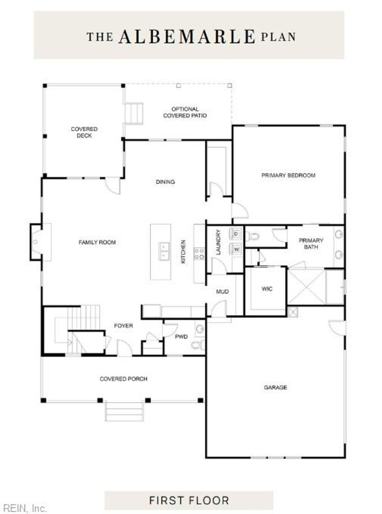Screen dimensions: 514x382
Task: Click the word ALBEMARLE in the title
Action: (x=187, y=37)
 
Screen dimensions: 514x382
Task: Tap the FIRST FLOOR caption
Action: (x=189, y=500)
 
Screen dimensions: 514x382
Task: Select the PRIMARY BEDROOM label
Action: (x=288, y=175)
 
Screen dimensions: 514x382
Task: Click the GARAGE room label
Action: (x=275, y=387)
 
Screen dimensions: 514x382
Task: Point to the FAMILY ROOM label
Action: (x=97, y=242)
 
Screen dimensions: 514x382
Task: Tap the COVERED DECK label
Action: (x=84, y=132)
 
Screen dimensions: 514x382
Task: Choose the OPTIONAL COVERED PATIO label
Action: (x=185, y=112)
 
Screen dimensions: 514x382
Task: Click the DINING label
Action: (x=165, y=182)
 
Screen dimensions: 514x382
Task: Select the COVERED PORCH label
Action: (x=123, y=379)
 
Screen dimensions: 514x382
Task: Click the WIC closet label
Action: (x=267, y=288)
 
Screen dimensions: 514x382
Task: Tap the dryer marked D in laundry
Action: (x=236, y=234)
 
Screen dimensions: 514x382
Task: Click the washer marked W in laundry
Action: (x=236, y=249)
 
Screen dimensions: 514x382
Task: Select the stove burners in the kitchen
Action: (x=199, y=254)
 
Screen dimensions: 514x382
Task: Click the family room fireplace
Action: (x=36, y=242)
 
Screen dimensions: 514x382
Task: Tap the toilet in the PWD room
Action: (x=197, y=345)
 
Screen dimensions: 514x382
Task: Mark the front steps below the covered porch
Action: (x=124, y=411)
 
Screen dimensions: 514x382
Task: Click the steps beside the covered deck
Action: (x=134, y=113)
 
